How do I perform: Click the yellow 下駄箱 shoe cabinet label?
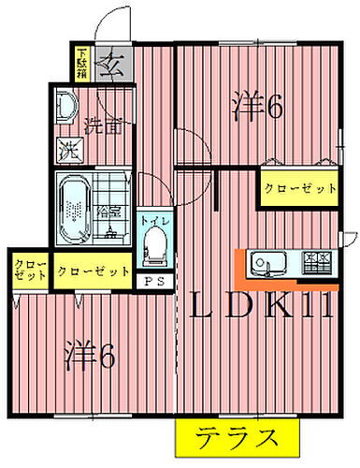(82, 64)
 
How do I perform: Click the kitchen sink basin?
(266, 261)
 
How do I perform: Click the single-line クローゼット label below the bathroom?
(93, 271)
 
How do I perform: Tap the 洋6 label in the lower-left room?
(91, 356)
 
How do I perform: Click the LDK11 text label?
(262, 306)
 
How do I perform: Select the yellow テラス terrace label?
(236, 437)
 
